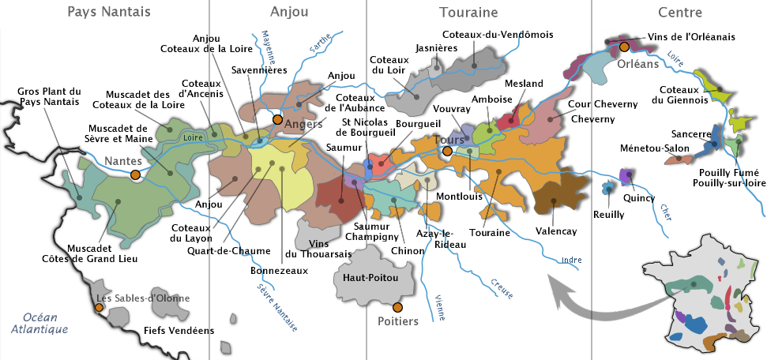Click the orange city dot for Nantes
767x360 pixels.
tap(135, 174)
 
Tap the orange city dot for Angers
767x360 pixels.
tap(277, 120)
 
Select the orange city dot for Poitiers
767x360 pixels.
tap(397, 306)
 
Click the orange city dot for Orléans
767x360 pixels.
tap(625, 47)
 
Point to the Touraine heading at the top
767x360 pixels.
tap(468, 13)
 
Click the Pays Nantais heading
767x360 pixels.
tap(109, 13)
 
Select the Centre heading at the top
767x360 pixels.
tap(679, 13)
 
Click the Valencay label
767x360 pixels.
tap(556, 231)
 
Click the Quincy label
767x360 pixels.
tap(638, 198)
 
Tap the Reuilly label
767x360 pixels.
tap(609, 214)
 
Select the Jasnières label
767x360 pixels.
tap(436, 48)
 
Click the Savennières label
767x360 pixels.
tap(258, 70)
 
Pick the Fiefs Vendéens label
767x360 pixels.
tap(179, 331)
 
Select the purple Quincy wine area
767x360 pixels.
tap(627, 177)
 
